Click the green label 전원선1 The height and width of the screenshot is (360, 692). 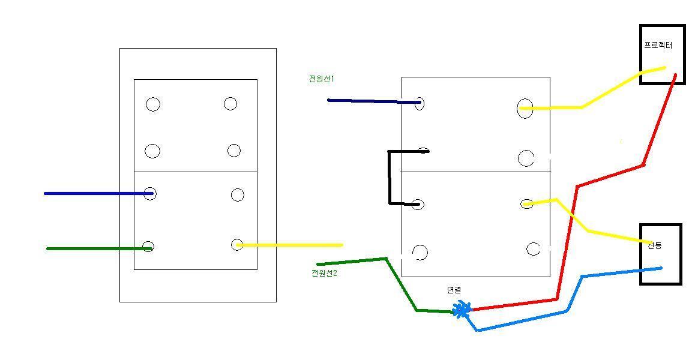pyautogui.click(x=321, y=79)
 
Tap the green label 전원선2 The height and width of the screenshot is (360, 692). pyautogui.click(x=324, y=273)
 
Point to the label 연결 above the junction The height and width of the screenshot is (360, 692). pyautogui.click(x=454, y=290)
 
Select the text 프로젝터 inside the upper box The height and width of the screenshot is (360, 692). pyautogui.click(x=658, y=45)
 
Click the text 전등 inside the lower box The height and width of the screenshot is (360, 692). pyautogui.click(x=655, y=245)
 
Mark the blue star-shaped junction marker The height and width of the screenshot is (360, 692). pyautogui.click(x=462, y=310)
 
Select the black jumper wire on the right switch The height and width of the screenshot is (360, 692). pyautogui.click(x=390, y=177)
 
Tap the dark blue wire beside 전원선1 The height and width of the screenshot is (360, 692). pyautogui.click(x=372, y=101)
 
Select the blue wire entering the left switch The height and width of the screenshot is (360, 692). pyautogui.click(x=96, y=193)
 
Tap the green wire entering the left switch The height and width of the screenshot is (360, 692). pyautogui.click(x=96, y=248)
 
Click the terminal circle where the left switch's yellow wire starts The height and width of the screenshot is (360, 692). pyautogui.click(x=237, y=244)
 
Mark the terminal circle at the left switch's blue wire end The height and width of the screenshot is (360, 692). pyautogui.click(x=150, y=193)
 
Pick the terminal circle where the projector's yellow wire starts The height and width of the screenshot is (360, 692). pyautogui.click(x=525, y=109)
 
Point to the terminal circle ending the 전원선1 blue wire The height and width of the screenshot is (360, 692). pyautogui.click(x=419, y=103)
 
